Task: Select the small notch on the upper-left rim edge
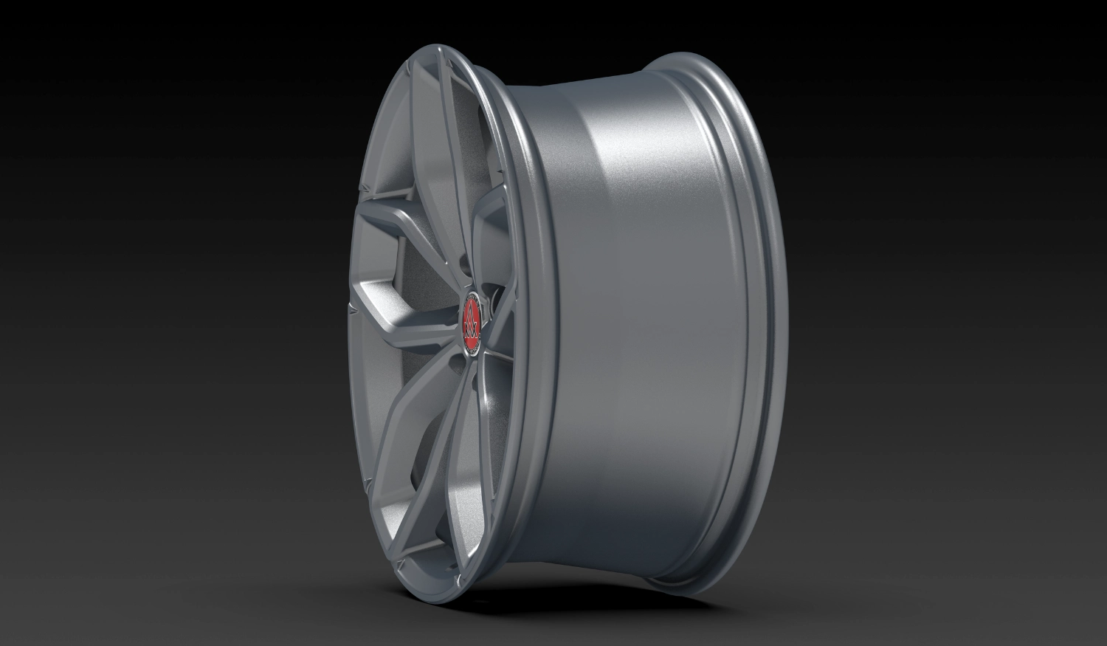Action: [x=363, y=190]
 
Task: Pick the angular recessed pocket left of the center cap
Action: [x=376, y=281]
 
